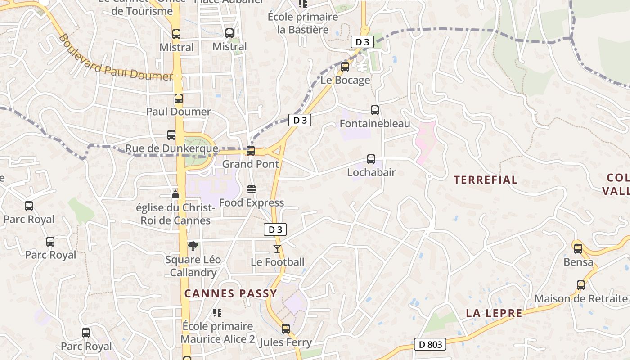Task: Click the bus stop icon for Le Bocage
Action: (345, 67)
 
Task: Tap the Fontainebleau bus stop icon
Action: (374, 110)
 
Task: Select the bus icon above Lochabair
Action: (371, 159)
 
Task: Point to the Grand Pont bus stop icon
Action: (251, 150)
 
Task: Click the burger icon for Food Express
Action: (251, 189)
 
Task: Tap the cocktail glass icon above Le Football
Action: (277, 248)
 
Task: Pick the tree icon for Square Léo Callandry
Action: (193, 246)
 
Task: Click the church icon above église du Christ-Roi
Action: (175, 194)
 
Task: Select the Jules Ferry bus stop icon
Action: (286, 328)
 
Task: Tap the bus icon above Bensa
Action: (578, 248)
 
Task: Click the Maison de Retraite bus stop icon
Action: (581, 285)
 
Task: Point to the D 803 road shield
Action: (430, 345)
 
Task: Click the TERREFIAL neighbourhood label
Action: (486, 180)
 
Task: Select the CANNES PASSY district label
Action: (231, 293)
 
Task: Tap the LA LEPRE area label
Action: (494, 313)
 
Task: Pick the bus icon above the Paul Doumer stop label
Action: (179, 99)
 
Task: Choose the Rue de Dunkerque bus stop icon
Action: (171, 135)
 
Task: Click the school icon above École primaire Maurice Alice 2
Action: (217, 312)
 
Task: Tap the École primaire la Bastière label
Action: (303, 23)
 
